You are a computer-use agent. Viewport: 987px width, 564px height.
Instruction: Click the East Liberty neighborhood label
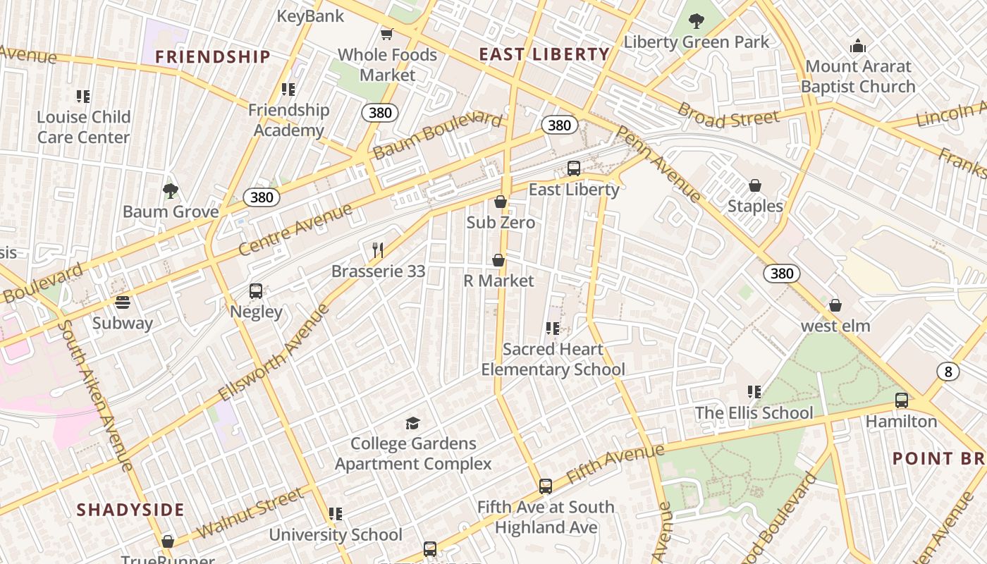[544, 54]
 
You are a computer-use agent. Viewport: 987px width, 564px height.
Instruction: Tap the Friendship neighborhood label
[213, 57]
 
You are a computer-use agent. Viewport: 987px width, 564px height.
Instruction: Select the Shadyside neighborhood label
[130, 510]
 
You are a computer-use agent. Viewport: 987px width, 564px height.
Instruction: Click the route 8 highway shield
[948, 372]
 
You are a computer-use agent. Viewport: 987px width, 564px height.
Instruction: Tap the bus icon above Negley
[256, 291]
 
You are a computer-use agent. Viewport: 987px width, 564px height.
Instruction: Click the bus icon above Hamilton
[901, 400]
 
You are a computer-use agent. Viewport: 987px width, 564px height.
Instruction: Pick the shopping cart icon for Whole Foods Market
[386, 34]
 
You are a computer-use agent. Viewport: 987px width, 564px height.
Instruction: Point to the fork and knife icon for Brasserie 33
[378, 250]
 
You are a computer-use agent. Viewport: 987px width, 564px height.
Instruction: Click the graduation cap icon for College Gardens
[412, 423]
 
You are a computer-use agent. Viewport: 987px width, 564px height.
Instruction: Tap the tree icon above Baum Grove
[170, 190]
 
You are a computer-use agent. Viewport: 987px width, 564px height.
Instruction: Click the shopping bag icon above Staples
[755, 185]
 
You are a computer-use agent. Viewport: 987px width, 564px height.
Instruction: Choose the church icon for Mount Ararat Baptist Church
[858, 46]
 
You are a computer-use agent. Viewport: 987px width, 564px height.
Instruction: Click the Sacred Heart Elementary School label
[553, 359]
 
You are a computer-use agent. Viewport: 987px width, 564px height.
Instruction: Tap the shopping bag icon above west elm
[835, 305]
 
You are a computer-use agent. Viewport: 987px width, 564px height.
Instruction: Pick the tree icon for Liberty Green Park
[697, 21]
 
